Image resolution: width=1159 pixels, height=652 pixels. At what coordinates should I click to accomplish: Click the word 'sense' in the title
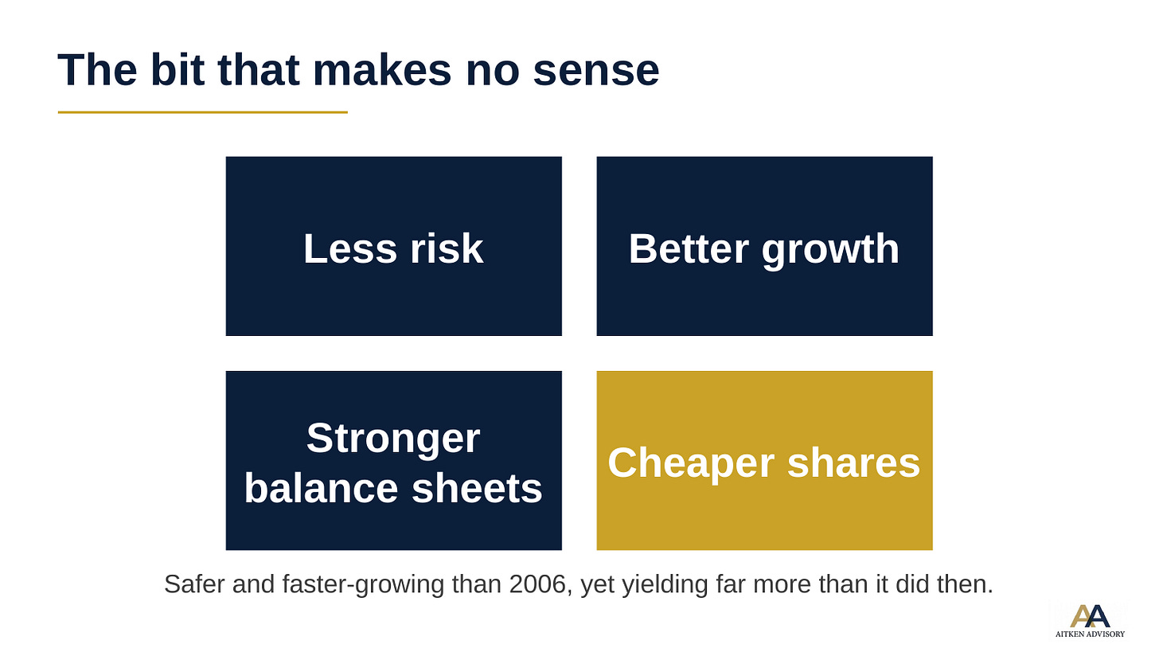tap(596, 71)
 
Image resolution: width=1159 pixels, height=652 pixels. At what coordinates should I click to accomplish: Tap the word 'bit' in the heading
tap(178, 69)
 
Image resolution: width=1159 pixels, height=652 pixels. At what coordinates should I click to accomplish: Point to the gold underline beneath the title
tap(203, 111)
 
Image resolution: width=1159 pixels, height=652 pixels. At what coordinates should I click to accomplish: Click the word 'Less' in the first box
tap(349, 249)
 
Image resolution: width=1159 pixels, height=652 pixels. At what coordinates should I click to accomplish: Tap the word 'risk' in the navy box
tap(447, 249)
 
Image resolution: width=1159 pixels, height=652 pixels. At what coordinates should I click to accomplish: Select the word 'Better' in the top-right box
tap(689, 249)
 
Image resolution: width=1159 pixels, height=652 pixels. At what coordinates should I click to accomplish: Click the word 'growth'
tap(830, 251)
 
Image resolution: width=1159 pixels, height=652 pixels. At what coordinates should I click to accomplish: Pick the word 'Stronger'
tap(393, 439)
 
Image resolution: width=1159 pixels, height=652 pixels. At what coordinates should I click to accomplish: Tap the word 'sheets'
tap(477, 489)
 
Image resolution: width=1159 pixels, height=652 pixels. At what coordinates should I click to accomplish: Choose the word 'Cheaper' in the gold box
tap(691, 463)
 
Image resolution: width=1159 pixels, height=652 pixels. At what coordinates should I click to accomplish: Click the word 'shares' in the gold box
tap(853, 463)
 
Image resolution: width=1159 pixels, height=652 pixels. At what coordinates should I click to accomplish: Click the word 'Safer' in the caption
tap(194, 584)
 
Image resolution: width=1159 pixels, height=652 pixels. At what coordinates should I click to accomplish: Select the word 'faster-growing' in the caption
tap(363, 585)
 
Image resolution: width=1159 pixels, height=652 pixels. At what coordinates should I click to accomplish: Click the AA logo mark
tap(1090, 616)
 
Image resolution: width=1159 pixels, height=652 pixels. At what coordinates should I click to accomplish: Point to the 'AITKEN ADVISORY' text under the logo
tap(1091, 634)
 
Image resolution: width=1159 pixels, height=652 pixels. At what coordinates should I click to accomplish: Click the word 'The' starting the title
tap(97, 69)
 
